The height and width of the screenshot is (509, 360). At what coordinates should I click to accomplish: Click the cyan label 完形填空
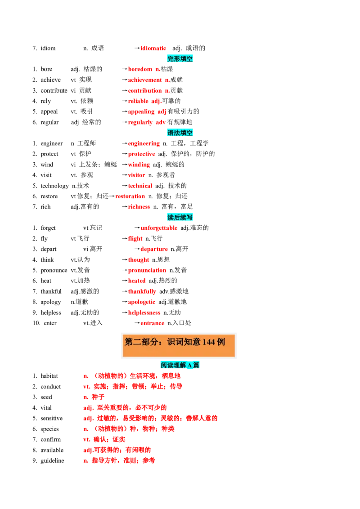pyautogui.click(x=180, y=59)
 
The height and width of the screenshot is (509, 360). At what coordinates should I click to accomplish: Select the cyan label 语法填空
pyautogui.click(x=180, y=133)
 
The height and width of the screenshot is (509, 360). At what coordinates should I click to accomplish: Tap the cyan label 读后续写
pyautogui.click(x=180, y=218)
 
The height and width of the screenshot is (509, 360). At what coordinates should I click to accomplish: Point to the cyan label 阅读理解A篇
pyautogui.click(x=180, y=365)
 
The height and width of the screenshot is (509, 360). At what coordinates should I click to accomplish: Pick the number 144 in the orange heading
pyautogui.click(x=208, y=342)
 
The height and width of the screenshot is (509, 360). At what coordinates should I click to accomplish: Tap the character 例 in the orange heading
pyautogui.click(x=221, y=342)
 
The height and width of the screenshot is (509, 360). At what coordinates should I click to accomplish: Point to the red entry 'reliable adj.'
pyautogui.click(x=144, y=101)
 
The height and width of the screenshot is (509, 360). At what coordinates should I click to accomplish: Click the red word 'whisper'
pyautogui.click(x=137, y=175)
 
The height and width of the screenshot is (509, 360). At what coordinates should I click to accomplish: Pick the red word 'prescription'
pyautogui.click(x=147, y=270)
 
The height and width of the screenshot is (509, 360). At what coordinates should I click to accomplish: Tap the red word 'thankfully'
pyautogui.click(x=142, y=291)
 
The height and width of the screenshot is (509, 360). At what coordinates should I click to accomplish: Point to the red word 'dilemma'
pyautogui.click(x=139, y=207)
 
